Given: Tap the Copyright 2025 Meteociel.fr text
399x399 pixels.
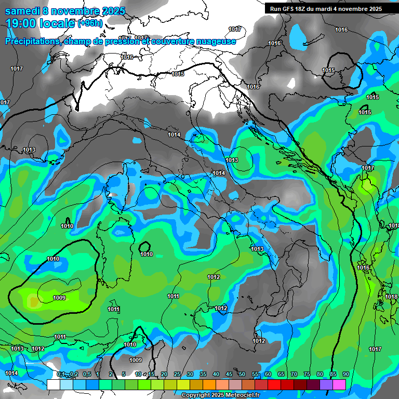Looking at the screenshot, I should tap(220, 395).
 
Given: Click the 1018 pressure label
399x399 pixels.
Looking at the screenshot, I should tap(391, 297).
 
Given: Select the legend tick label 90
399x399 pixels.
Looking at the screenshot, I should tap(345, 374).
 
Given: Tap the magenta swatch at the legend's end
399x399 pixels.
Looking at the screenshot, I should tap(339, 384).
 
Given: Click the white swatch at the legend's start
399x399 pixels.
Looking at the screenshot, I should tap(53, 384).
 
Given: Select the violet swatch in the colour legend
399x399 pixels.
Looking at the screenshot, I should tap(326, 384).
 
